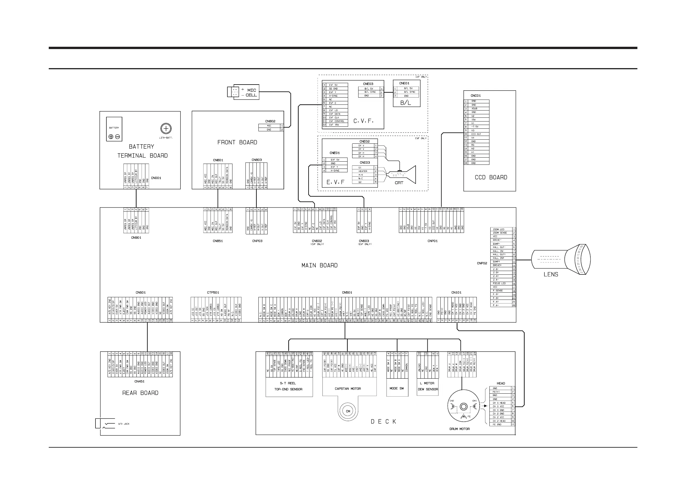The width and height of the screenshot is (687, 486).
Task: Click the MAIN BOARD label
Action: click(x=319, y=265)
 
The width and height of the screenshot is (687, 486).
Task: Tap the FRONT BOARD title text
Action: click(x=237, y=142)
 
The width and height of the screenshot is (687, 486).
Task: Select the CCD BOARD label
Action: click(x=491, y=177)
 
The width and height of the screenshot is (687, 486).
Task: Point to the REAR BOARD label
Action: click(x=140, y=393)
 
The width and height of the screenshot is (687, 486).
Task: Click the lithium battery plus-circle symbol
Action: click(x=166, y=129)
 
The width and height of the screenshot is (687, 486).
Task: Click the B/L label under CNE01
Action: click(x=406, y=103)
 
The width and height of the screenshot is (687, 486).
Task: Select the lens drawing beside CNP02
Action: click(x=561, y=259)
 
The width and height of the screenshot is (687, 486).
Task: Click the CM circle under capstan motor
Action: click(x=348, y=411)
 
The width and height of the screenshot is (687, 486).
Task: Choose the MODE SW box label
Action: click(x=397, y=388)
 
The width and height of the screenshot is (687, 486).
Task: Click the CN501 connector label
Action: click(x=347, y=293)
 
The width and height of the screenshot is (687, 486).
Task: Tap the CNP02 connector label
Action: click(x=482, y=263)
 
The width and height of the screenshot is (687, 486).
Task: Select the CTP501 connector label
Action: click(x=213, y=293)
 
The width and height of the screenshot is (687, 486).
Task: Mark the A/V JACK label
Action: click(x=123, y=424)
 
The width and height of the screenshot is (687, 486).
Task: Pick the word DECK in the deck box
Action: click(x=383, y=422)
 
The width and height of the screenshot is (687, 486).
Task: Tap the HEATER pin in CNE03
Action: click(x=363, y=171)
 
